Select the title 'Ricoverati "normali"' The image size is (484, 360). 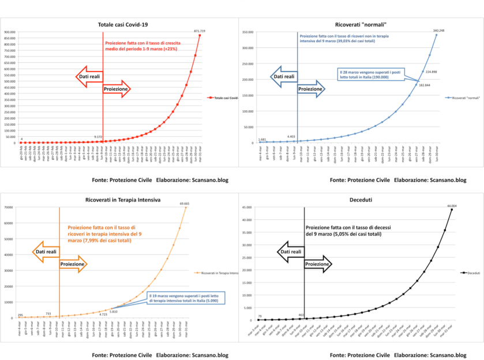pos(361,25)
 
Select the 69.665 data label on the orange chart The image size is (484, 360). pos(185,203)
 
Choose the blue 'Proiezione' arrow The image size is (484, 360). pos(310,89)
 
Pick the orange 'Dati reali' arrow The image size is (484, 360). pos(45,252)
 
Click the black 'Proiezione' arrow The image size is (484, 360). pos(317,264)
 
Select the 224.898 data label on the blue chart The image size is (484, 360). pos(430,72)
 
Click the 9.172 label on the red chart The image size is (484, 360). pos(99,137)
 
